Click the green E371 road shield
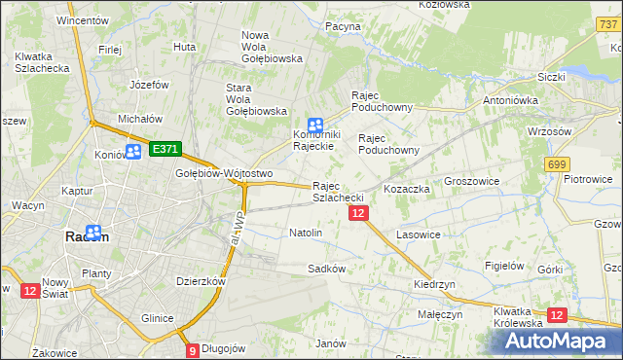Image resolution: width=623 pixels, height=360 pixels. [165, 149]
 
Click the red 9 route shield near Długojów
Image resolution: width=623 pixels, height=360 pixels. [193, 350]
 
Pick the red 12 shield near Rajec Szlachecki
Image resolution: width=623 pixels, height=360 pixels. [358, 213]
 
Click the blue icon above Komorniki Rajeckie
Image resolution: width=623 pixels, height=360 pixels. [315, 125]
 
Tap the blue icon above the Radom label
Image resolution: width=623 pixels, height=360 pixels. [94, 233]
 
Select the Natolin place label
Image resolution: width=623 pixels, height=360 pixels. [306, 234]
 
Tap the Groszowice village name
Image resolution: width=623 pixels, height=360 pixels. [472, 182]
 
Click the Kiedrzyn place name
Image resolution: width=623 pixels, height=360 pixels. [434, 284]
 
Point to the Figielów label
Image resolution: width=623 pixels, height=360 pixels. [505, 266]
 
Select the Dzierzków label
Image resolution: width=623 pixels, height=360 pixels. [202, 281]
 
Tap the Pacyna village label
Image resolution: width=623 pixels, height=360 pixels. [343, 26]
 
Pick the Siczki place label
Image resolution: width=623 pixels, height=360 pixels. [551, 76]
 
